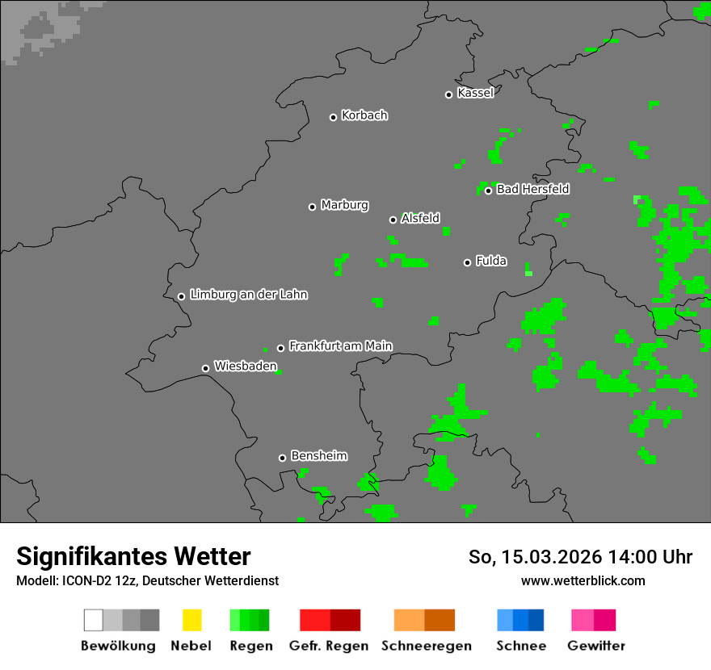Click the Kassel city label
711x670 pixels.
(475, 93)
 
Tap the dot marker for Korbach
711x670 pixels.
(333, 117)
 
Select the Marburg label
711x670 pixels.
(344, 205)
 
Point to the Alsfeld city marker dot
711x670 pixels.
(393, 220)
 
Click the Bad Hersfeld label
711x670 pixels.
(532, 189)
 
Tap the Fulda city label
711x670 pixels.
(491, 261)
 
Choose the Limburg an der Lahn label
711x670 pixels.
(248, 295)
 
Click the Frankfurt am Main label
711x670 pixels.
(340, 346)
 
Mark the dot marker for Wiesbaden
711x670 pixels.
(205, 368)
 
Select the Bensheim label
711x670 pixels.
(318, 456)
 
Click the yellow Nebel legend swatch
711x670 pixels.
(191, 620)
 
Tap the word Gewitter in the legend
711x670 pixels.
(596, 646)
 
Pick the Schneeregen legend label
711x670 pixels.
(427, 646)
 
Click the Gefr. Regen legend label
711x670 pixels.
(329, 646)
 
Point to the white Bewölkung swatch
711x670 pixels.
(93, 620)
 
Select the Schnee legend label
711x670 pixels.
(521, 646)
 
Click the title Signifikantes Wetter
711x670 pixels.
(133, 557)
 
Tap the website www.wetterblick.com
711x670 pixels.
(583, 580)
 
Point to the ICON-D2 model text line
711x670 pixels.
(147, 580)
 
